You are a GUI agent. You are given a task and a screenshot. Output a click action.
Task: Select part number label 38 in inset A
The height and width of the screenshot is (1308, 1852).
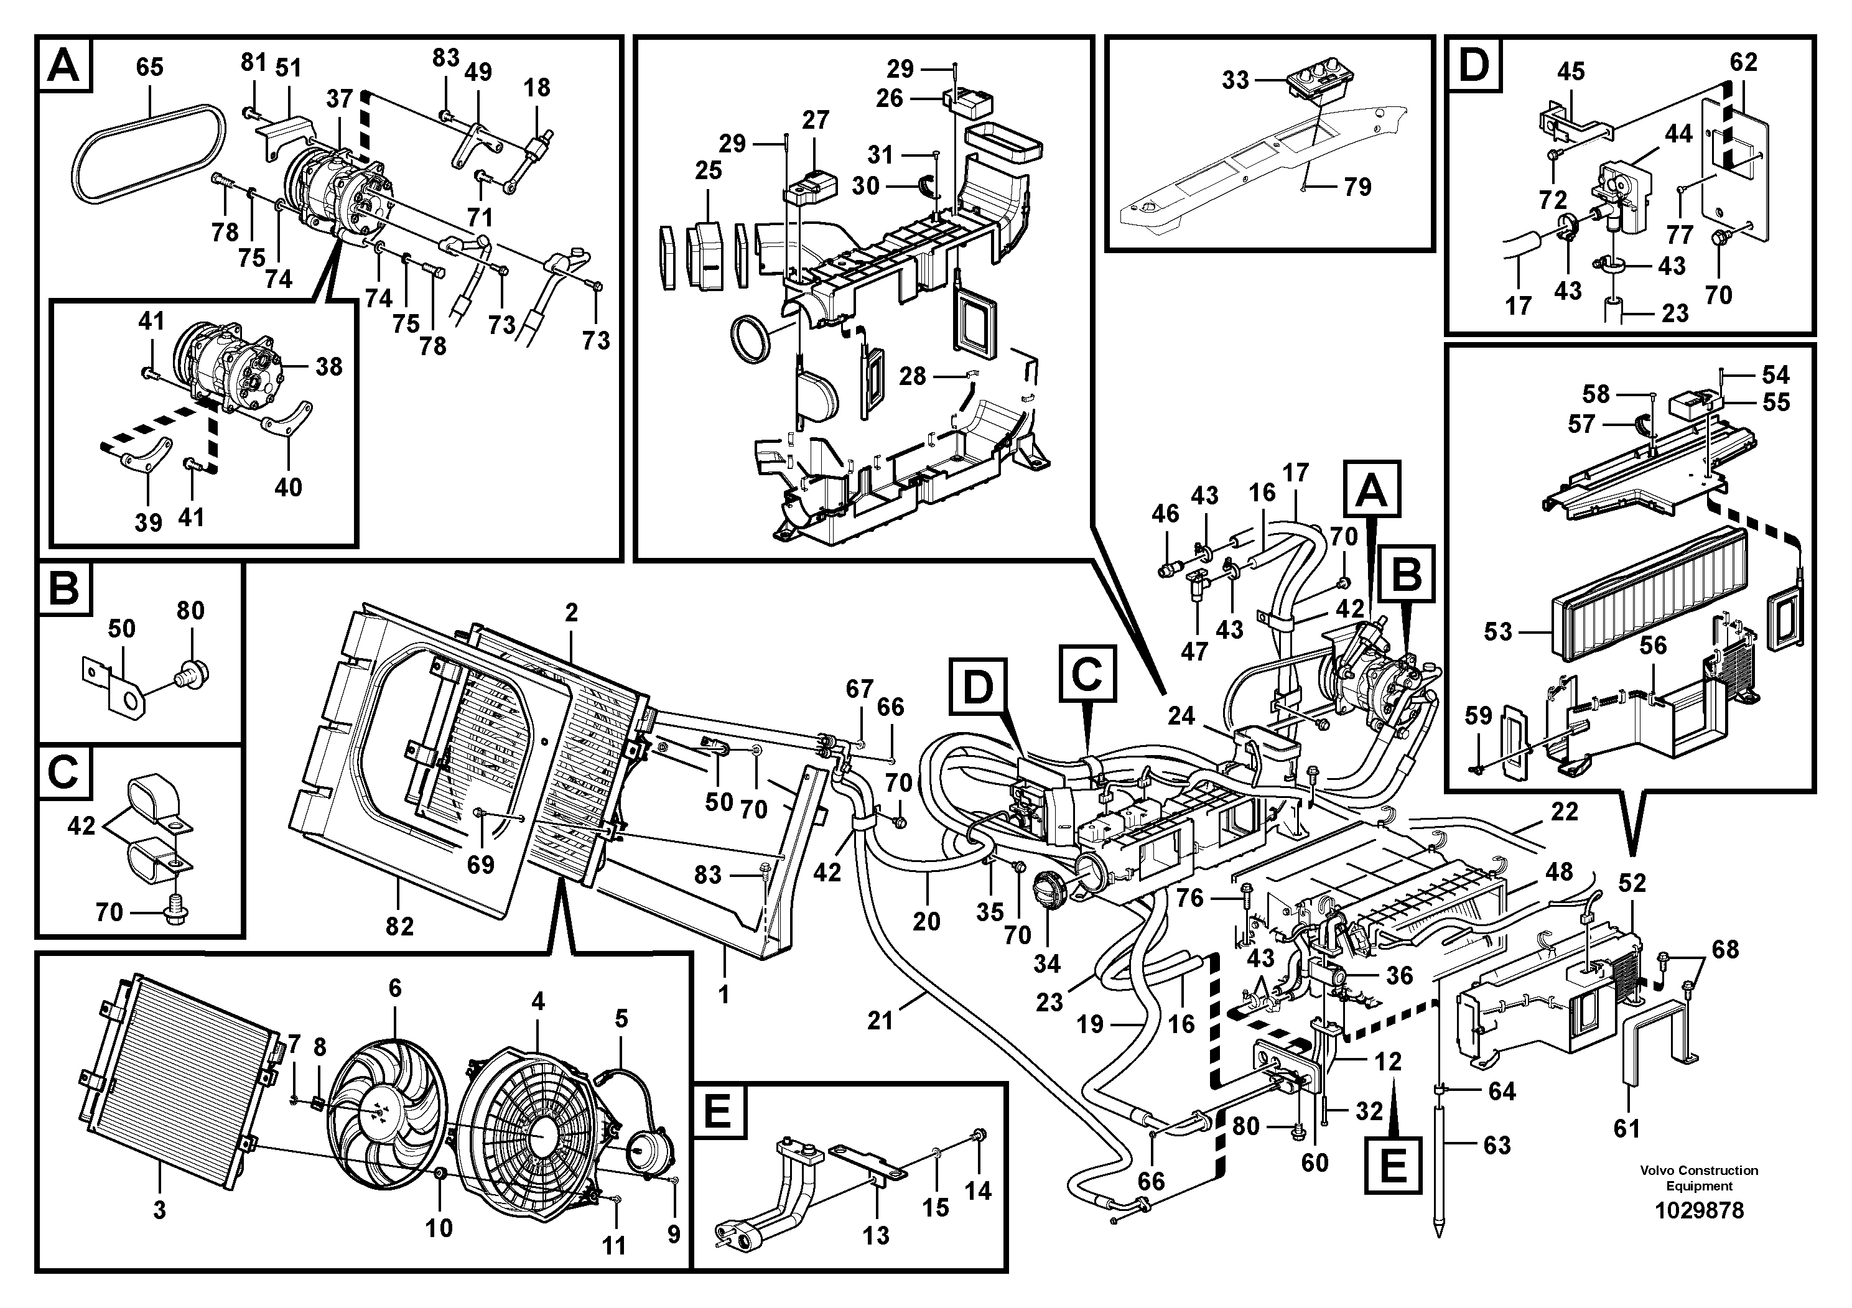pyautogui.click(x=328, y=368)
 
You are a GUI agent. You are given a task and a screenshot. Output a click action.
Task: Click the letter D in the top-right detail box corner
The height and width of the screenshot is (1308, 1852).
pyautogui.click(x=1474, y=65)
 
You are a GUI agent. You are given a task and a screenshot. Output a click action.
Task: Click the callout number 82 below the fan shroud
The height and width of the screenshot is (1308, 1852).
pyautogui.click(x=399, y=927)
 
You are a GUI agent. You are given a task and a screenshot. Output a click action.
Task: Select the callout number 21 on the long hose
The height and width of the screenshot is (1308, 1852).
pyautogui.click(x=880, y=1021)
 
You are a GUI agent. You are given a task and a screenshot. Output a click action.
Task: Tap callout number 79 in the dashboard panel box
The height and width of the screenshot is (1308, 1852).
pyautogui.click(x=1357, y=187)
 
